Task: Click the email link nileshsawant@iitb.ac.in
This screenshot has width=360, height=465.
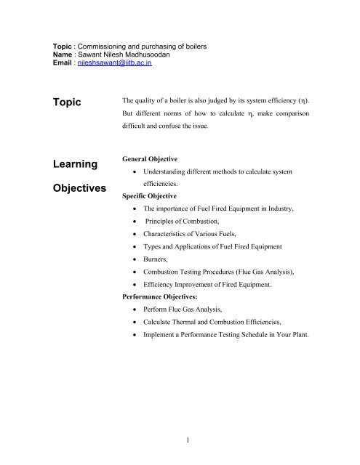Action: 115,63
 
